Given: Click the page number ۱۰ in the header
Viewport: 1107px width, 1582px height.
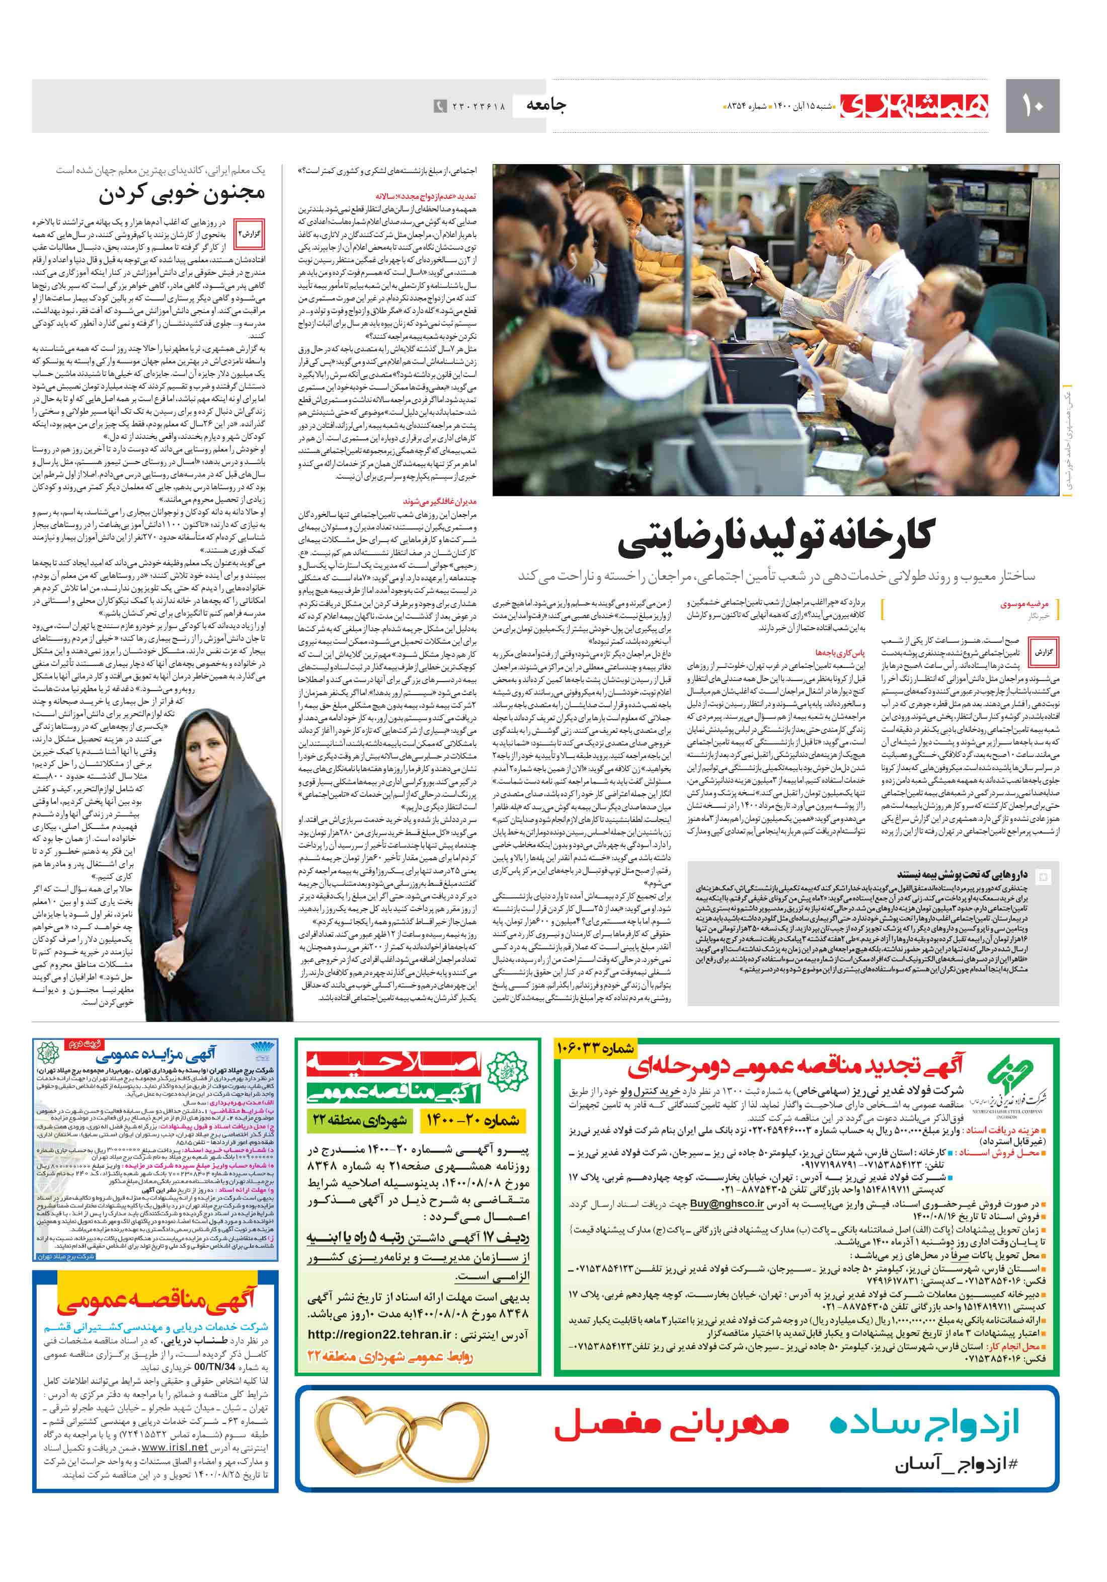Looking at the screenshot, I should tap(1032, 106).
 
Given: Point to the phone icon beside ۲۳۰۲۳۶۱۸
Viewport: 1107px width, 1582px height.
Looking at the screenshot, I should tap(439, 106).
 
